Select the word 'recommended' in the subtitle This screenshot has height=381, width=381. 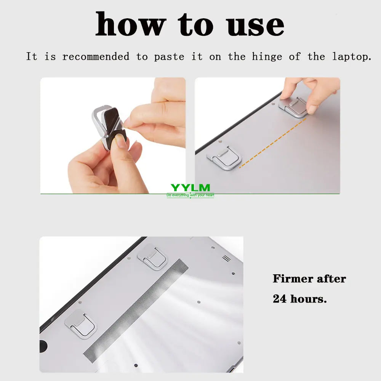(x=96, y=57)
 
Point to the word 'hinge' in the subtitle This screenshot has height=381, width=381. (x=267, y=57)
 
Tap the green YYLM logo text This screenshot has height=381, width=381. (x=190, y=187)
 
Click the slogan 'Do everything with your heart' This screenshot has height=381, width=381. (x=190, y=195)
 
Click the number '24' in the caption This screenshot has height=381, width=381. (x=280, y=299)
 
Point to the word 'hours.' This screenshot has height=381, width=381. (x=309, y=299)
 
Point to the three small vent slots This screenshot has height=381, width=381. (x=226, y=258)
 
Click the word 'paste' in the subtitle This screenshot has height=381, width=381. (x=169, y=57)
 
